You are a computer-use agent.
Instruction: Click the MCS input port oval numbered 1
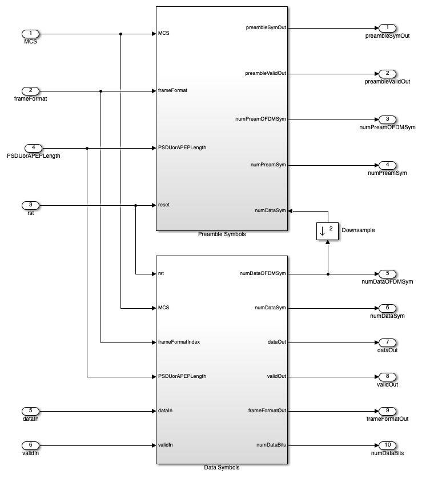coord(30,34)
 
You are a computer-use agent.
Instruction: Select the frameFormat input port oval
coord(30,91)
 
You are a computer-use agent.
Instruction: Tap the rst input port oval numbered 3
coord(30,205)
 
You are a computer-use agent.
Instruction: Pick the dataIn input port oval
coord(30,411)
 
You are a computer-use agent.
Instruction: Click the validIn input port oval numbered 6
coord(30,445)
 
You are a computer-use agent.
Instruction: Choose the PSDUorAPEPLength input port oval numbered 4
coord(33,148)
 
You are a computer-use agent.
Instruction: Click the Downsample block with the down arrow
coord(327,231)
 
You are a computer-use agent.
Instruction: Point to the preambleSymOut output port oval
coord(387,28)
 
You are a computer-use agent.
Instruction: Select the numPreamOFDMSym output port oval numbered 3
coord(387,120)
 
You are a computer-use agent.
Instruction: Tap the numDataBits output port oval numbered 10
coord(387,445)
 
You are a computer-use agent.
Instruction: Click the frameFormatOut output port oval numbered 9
coord(387,411)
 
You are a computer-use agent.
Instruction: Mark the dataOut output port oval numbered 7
coord(387,342)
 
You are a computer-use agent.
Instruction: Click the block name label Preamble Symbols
coord(222,234)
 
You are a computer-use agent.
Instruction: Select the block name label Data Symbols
coord(222,467)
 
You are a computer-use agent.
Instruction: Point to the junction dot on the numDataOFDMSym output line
coord(328,274)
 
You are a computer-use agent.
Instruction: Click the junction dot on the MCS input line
coord(120,34)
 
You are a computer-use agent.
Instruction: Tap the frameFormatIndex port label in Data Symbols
coord(179,342)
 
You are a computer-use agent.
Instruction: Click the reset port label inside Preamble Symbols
coord(164,205)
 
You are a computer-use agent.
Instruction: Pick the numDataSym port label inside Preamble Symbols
coord(270,210)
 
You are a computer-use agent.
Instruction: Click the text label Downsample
coord(358,230)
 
